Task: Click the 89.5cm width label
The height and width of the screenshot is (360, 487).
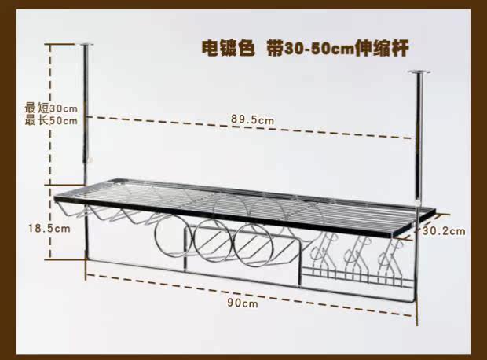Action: pos(252,119)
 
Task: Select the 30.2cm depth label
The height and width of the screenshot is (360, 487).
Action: pos(443,231)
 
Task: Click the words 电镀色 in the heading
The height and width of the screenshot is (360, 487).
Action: pos(228,48)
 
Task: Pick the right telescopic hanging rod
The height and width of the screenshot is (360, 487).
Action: pos(418,141)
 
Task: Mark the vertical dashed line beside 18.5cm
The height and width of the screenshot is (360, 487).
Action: pos(53,228)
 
